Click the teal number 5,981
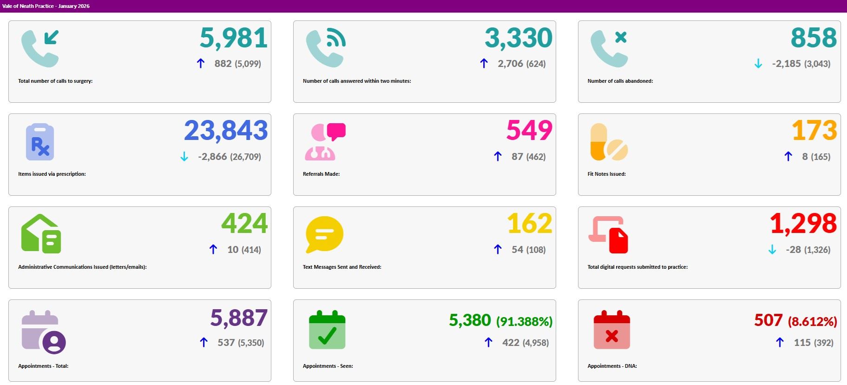click(x=233, y=38)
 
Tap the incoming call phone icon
click(x=40, y=48)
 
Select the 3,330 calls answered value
click(x=518, y=38)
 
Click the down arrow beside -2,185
click(x=758, y=64)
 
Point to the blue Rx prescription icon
click(x=40, y=142)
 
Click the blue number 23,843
click(x=226, y=131)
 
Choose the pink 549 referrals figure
click(x=529, y=131)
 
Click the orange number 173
click(x=814, y=131)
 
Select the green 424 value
click(x=244, y=224)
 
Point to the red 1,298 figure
click(x=803, y=224)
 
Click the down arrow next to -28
click(x=772, y=250)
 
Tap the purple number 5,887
click(x=238, y=319)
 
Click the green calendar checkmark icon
click(x=327, y=330)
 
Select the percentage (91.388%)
click(x=524, y=321)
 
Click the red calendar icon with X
click(x=611, y=330)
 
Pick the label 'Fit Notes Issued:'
click(x=606, y=174)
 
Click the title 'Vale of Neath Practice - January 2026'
click(x=46, y=6)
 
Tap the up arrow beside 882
click(x=201, y=64)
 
